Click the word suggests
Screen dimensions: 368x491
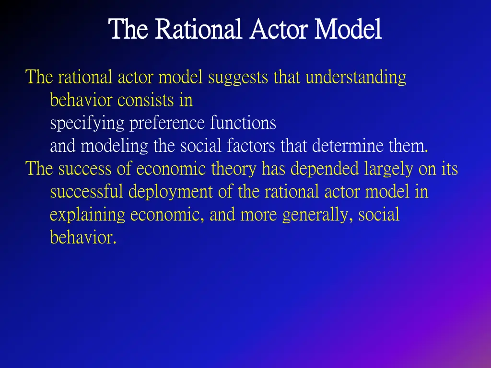[x=238, y=77]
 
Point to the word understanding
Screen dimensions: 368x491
[x=356, y=77]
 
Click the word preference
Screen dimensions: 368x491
[x=168, y=124]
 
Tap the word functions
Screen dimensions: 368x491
[x=243, y=123]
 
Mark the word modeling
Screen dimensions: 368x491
[x=115, y=146]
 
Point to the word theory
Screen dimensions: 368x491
[x=236, y=169]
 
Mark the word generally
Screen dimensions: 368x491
[x=319, y=215]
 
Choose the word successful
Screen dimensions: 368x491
[x=87, y=192]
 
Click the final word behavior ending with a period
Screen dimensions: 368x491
[x=83, y=238]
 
